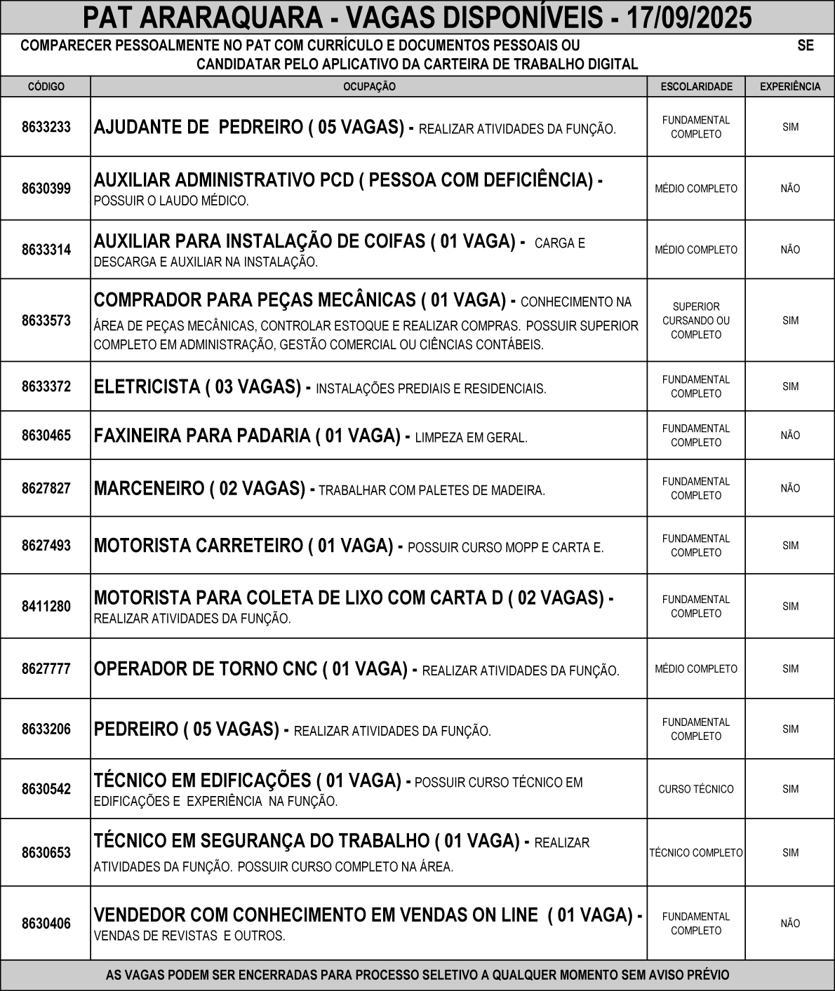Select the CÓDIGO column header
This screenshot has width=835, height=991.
pyautogui.click(x=46, y=87)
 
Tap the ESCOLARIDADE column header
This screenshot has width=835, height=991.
pyautogui.click(x=696, y=87)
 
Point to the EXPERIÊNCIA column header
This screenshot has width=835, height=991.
pyautogui.click(x=790, y=87)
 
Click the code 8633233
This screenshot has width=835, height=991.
pyautogui.click(x=46, y=128)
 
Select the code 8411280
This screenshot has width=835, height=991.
pyautogui.click(x=46, y=607)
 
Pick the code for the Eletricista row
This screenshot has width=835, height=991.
pyautogui.click(x=46, y=386)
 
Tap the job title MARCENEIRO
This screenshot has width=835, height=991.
pyautogui.click(x=149, y=489)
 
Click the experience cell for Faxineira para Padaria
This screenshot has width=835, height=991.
pyautogui.click(x=790, y=436)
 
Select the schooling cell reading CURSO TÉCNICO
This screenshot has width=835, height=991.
pyautogui.click(x=696, y=789)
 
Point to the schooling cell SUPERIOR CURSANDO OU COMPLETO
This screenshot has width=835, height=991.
pyautogui.click(x=696, y=321)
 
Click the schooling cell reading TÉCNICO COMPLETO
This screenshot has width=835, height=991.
pyautogui.click(x=696, y=853)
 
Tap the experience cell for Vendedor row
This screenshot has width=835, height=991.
pyautogui.click(x=790, y=924)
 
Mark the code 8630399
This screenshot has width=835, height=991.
pyautogui.click(x=46, y=189)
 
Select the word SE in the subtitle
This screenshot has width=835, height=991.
pyautogui.click(x=806, y=46)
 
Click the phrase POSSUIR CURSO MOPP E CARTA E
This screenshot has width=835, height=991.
pyautogui.click(x=505, y=547)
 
